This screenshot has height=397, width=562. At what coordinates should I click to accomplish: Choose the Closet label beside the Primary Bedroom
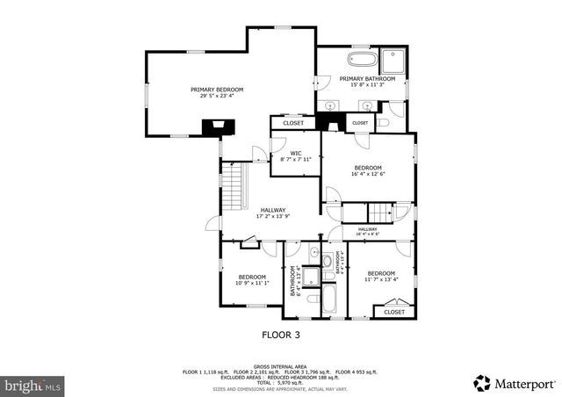293,123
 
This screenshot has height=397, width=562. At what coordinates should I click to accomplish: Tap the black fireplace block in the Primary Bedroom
213,126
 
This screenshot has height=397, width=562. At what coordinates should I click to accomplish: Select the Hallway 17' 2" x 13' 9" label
271,210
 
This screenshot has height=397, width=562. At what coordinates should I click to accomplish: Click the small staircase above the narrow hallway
380,212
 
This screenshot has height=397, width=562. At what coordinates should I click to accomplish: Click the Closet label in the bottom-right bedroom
394,311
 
